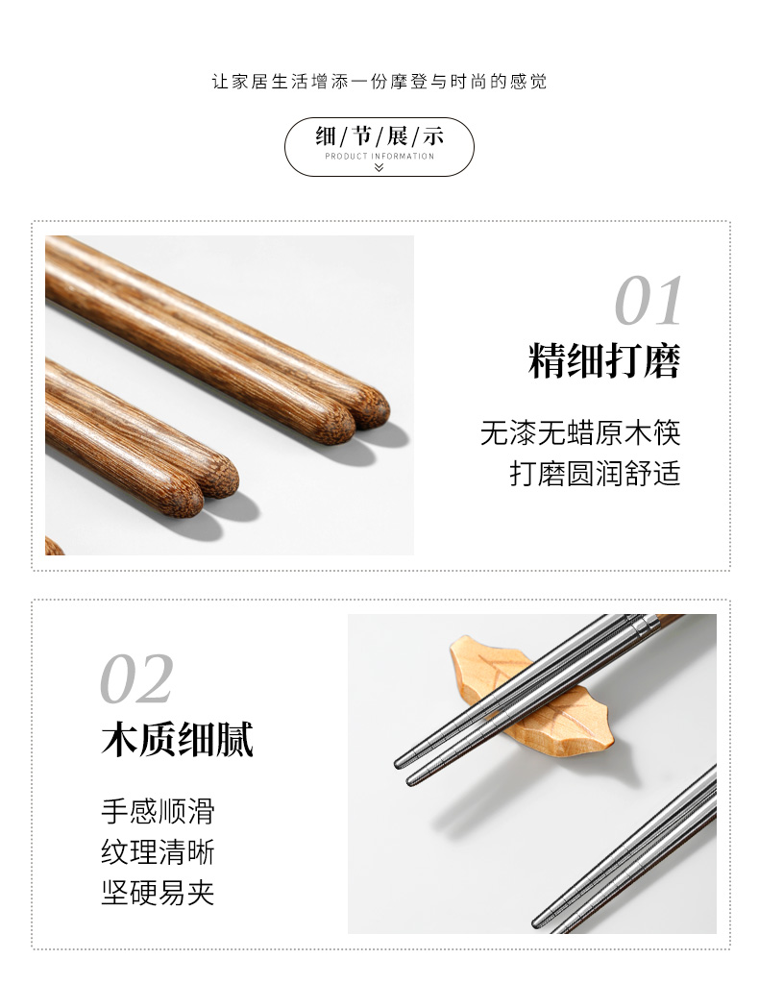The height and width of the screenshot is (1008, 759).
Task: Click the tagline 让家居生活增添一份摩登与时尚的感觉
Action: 379,82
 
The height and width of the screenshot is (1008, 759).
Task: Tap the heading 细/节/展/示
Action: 379,136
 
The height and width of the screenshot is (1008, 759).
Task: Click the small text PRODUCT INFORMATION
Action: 379,157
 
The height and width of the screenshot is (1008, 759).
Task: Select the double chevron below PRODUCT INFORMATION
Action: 379,167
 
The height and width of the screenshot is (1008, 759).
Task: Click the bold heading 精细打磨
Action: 604,360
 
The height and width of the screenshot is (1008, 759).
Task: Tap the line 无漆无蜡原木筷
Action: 580,432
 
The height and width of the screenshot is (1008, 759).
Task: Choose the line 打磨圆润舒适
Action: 595,473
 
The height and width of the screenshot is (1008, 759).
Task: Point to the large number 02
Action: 136,678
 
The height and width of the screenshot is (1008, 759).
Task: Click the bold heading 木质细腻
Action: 178,739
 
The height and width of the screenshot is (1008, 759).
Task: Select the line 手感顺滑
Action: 159,811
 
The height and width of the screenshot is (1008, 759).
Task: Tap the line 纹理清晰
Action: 159,852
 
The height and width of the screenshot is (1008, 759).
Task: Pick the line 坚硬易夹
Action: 159,893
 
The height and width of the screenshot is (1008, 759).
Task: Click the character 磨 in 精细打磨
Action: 662,360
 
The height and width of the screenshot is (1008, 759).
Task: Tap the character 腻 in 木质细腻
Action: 235,739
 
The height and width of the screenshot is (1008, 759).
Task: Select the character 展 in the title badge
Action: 397,136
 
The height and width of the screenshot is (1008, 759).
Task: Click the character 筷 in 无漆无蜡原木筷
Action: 667,432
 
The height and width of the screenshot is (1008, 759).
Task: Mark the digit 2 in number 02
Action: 155,678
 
